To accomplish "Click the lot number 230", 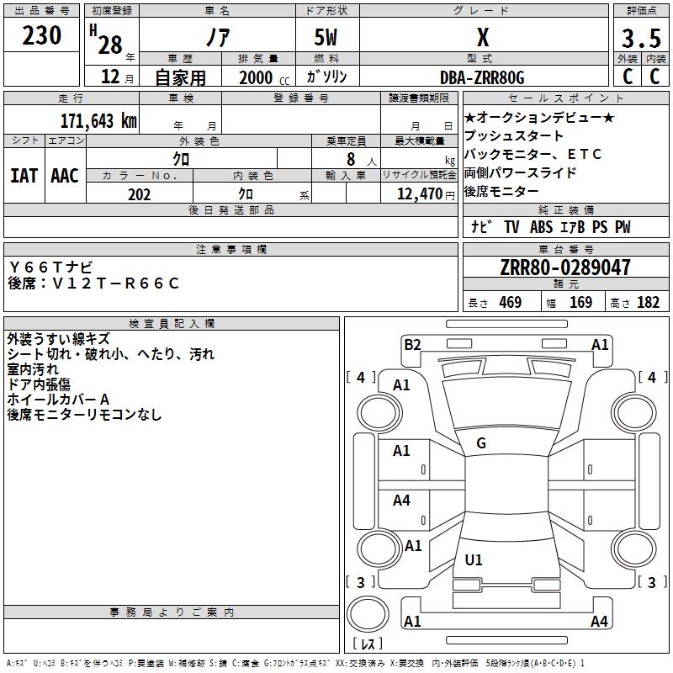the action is pos(41,35).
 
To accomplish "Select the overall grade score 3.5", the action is pos(641,38).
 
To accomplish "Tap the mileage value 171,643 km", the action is pos(98,121).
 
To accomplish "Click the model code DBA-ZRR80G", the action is pos(482,77).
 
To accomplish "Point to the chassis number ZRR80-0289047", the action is pos(565,268).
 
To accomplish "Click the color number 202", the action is pos(139,194).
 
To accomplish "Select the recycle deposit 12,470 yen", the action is pos(426,194).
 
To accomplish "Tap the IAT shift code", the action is pos(24,176).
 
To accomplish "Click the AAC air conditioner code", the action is pos(65,176).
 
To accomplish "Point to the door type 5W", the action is pos(326,37).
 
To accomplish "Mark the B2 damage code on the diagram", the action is pos(412,345).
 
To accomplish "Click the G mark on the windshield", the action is pos(481,443).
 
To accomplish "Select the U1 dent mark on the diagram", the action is pos(474,559).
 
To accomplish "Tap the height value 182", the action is pos(648,303).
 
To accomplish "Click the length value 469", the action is pos(511,303).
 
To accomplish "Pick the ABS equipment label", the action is pos(541,227).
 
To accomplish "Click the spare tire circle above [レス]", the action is pos(368,613).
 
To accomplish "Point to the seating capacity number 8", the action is pos(351,159).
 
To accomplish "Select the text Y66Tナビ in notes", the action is pos(50,268).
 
